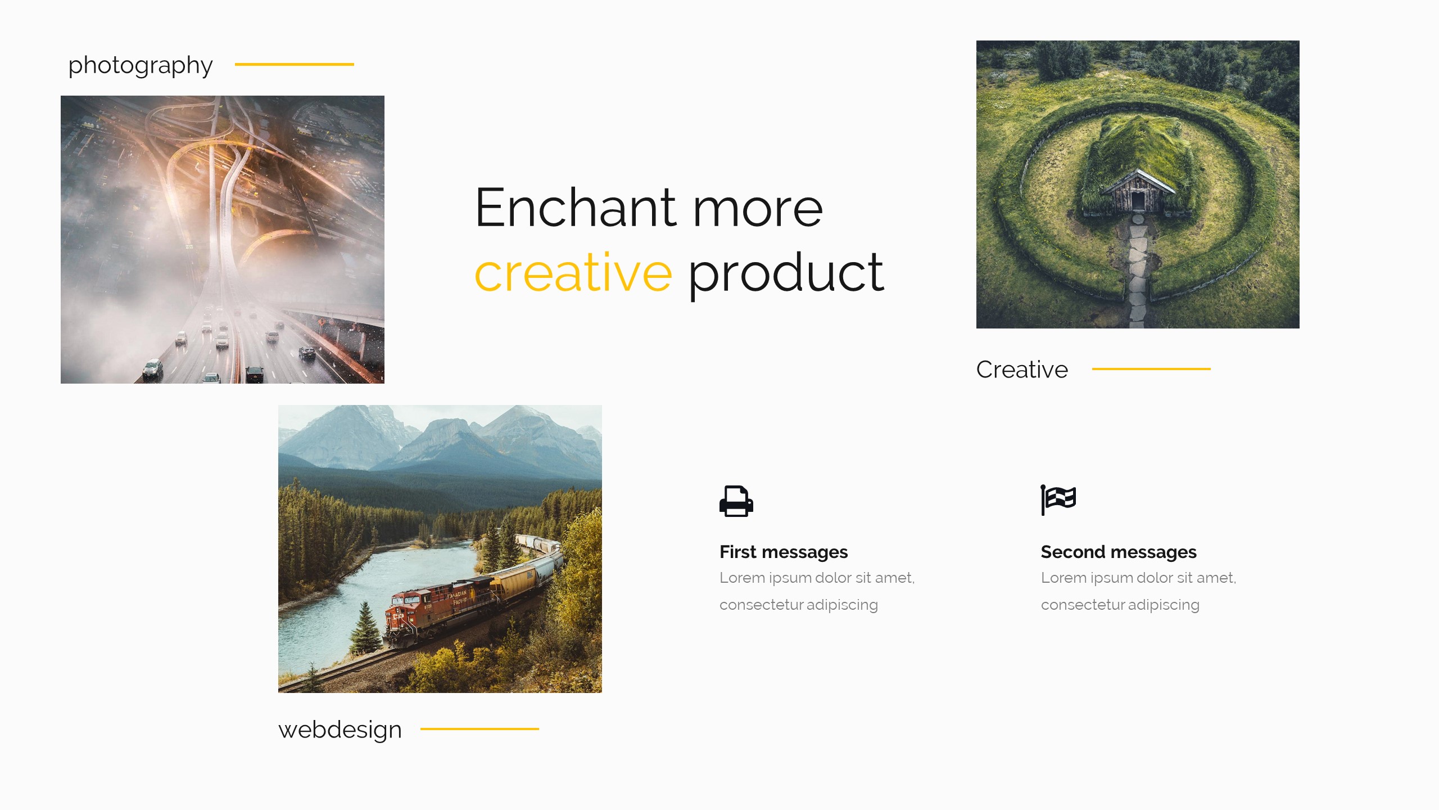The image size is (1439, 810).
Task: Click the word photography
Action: (x=141, y=66)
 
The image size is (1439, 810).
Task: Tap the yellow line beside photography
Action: (x=295, y=64)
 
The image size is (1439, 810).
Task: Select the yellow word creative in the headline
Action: (x=573, y=273)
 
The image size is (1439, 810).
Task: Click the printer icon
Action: (x=736, y=501)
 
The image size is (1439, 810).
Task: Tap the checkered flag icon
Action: (x=1058, y=499)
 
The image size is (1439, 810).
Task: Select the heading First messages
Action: (x=784, y=552)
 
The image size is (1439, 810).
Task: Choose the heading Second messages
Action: (x=1119, y=552)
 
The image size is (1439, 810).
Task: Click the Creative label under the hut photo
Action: (x=1022, y=370)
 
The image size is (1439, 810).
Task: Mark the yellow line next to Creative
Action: (x=1151, y=368)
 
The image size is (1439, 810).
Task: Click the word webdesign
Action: (x=340, y=730)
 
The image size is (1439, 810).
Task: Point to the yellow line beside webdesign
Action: (x=479, y=728)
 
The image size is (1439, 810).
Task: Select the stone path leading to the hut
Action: (x=1138, y=270)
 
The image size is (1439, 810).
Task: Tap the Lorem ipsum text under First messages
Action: (x=817, y=591)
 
